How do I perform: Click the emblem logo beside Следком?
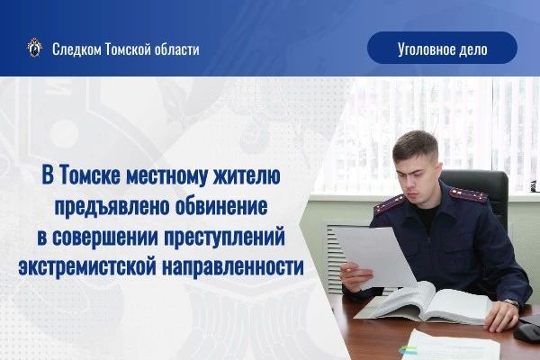35,48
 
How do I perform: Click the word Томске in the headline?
90,175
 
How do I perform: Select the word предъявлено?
112,206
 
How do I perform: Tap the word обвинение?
221,206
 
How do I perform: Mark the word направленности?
233,267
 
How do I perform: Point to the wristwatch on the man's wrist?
512,303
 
